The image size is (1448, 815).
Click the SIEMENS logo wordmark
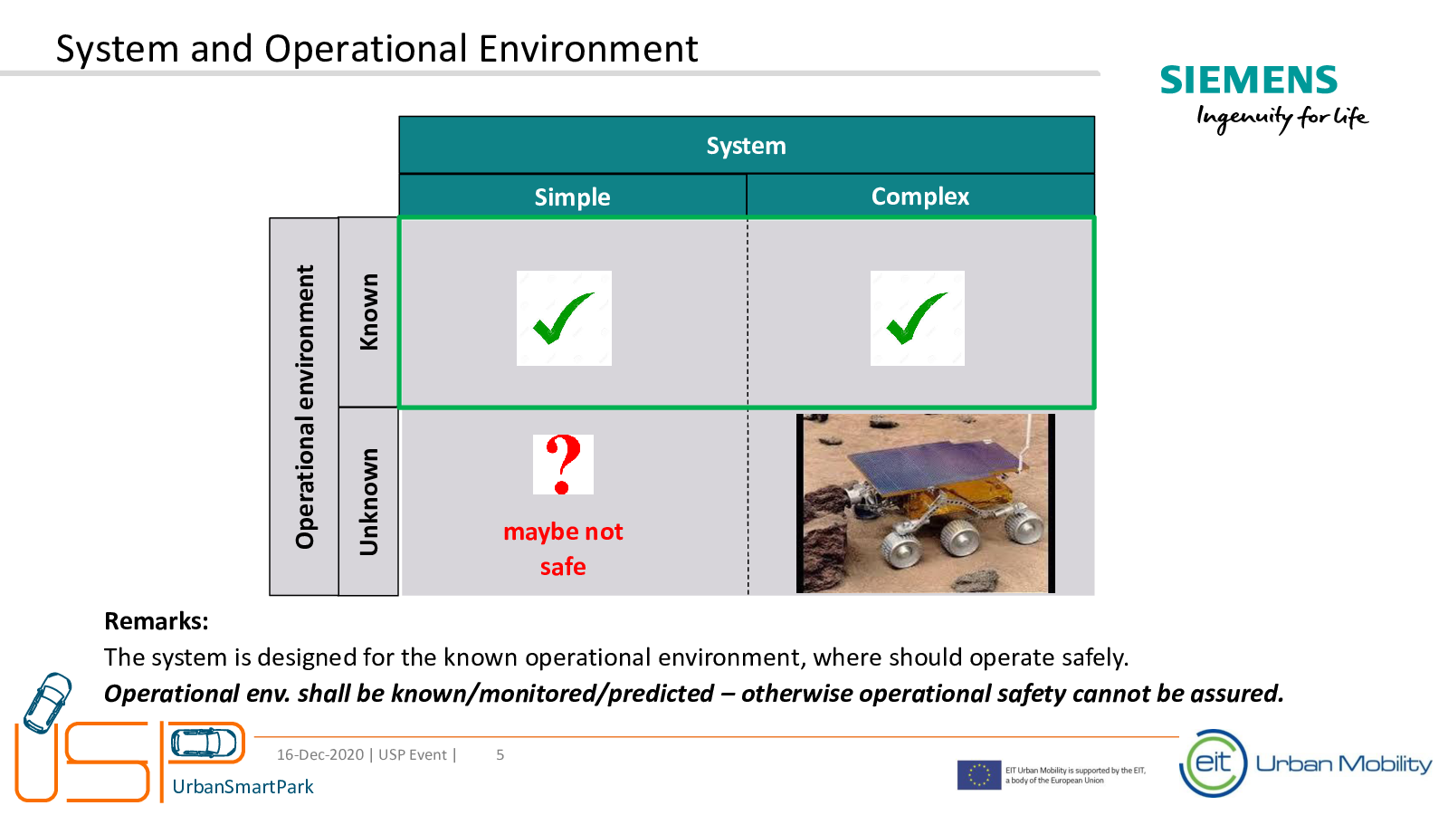coord(1248,81)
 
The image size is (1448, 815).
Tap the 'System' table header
coord(746,146)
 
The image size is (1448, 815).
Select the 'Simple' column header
coord(572,197)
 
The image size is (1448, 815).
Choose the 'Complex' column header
coord(919,196)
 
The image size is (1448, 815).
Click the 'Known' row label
coord(368,312)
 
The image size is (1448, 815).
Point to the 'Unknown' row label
coord(368,502)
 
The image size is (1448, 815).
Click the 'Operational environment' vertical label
coord(304,407)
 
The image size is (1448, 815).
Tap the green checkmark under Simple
coord(562,318)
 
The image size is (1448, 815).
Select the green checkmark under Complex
coord(916,318)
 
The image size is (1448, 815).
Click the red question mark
coord(563,465)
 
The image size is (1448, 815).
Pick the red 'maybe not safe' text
coord(563,549)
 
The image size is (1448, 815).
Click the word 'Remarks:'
coord(157,621)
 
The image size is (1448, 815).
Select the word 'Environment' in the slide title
coord(588,49)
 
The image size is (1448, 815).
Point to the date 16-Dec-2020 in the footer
coord(320,755)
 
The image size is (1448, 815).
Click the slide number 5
coord(500,755)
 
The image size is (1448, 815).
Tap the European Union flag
coord(978,775)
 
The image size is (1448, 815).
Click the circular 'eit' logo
coord(1214,763)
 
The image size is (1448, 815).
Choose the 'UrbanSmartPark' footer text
coord(243,787)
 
